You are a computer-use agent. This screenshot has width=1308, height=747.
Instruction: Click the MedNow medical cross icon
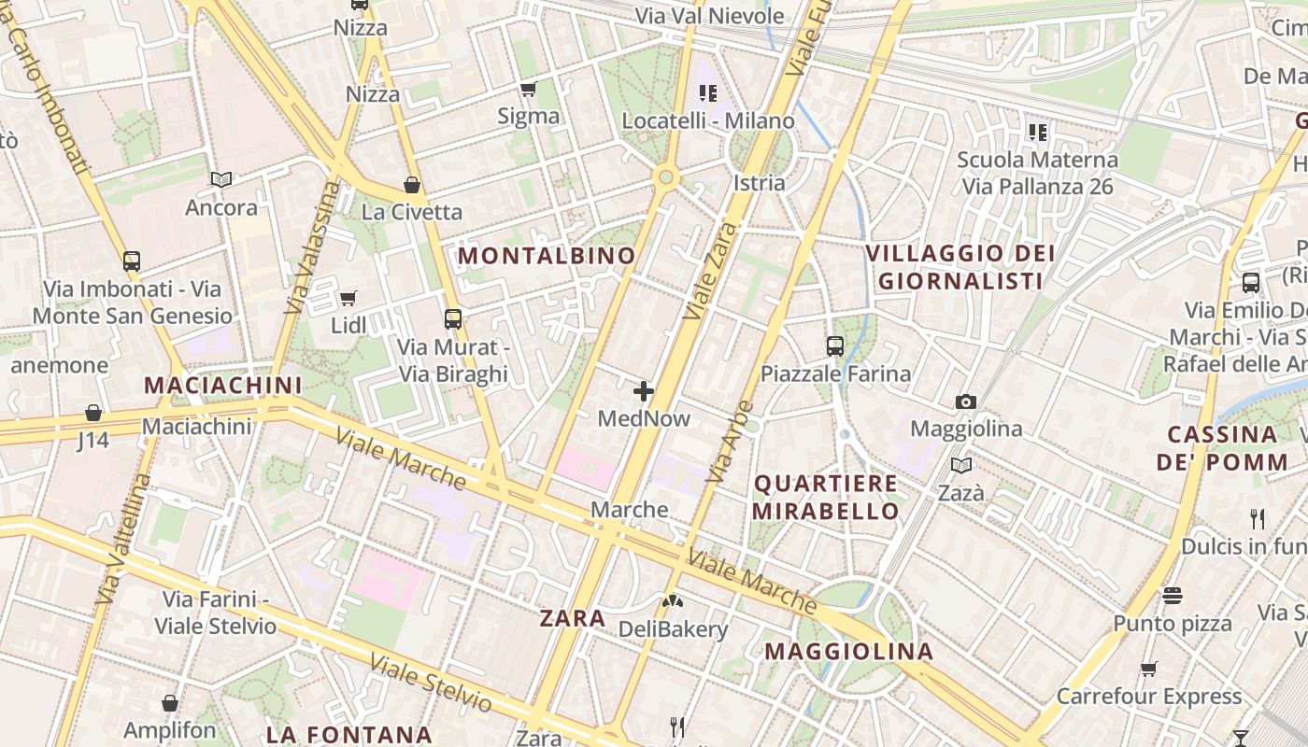tap(644, 391)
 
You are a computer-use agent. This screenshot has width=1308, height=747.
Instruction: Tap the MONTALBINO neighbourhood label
tap(547, 255)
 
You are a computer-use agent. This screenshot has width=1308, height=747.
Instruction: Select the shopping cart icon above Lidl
tap(348, 298)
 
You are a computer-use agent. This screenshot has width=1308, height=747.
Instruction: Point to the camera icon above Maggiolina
tap(966, 402)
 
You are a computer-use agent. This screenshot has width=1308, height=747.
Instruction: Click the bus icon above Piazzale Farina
tap(835, 346)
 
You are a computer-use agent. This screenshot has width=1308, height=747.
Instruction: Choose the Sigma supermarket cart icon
tap(528, 90)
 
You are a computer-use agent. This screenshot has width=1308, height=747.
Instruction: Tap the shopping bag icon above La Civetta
tap(411, 185)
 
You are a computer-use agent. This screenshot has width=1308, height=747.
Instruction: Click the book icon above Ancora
tap(221, 179)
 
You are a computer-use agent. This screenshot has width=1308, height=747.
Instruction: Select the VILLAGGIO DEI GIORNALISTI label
tap(960, 267)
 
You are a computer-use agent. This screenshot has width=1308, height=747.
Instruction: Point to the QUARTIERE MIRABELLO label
tap(825, 498)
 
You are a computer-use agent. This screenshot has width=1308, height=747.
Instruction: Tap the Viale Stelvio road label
tap(430, 684)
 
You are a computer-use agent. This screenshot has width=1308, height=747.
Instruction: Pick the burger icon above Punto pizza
tap(1173, 595)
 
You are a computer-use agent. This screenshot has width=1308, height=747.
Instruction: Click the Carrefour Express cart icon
tap(1148, 669)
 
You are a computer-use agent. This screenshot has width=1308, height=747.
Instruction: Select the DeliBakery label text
tap(673, 629)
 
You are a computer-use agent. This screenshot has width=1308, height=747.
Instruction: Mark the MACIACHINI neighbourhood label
tap(223, 385)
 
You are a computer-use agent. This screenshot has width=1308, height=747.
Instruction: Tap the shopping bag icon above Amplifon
tap(170, 703)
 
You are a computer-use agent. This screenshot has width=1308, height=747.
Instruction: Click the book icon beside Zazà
tap(960, 465)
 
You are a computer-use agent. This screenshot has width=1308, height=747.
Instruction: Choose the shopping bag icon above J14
tap(93, 413)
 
